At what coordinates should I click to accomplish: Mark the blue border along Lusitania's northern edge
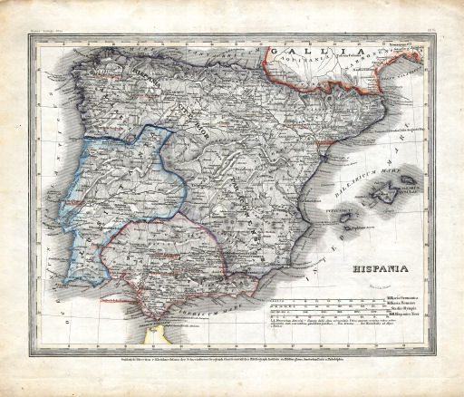coord(127,132)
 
